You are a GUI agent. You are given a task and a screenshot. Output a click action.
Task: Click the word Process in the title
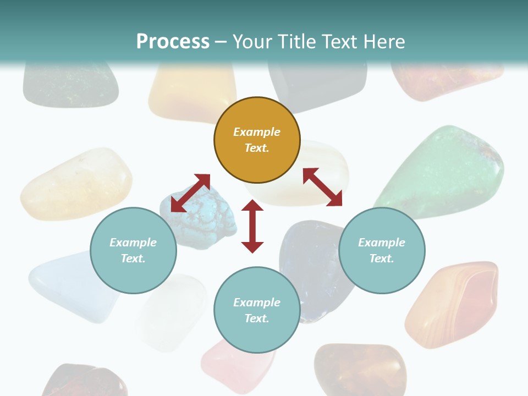173,42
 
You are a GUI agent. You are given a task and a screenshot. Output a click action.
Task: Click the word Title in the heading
294,42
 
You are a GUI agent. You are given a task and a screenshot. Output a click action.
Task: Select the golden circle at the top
257,159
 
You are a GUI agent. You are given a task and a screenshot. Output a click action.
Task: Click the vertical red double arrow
252,226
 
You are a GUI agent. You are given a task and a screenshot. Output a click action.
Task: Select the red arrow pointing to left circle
190,193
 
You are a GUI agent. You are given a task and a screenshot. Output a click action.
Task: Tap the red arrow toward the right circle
322,187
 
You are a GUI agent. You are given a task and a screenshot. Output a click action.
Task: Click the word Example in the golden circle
257,132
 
